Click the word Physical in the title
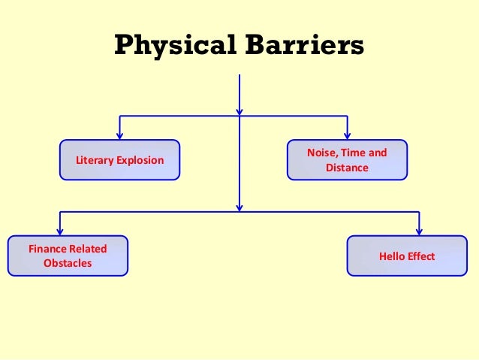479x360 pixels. click(x=175, y=46)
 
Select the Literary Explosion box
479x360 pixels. click(x=120, y=160)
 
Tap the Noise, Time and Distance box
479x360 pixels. click(x=347, y=160)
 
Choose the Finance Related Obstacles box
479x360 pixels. click(x=68, y=256)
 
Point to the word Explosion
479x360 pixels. click(x=139, y=161)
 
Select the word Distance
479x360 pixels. click(x=347, y=168)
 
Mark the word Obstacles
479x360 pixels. click(x=68, y=263)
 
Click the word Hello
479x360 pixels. click(x=393, y=256)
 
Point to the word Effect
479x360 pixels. click(x=421, y=256)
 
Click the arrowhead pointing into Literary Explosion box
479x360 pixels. click(x=120, y=135)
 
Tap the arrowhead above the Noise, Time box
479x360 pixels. click(x=347, y=135)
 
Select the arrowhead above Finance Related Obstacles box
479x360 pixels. click(x=60, y=231)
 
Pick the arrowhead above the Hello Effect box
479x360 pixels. click(x=419, y=231)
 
